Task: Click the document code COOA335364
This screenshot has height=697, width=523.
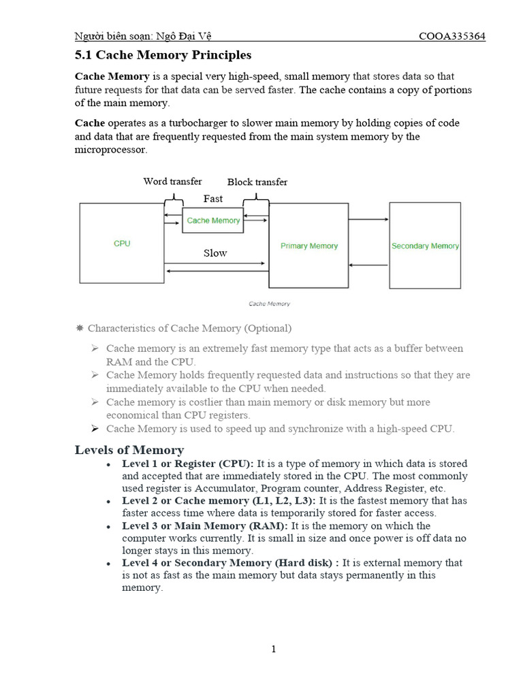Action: [451, 36]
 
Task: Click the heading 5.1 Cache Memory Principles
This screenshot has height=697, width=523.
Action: [163, 55]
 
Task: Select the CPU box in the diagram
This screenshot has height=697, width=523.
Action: [122, 243]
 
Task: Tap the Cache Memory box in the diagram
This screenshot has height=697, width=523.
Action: [213, 221]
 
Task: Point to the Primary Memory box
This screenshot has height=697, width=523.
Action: [309, 246]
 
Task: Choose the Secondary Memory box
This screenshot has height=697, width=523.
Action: [425, 246]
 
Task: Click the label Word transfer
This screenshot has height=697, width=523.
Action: [172, 182]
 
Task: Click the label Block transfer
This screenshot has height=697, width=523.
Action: [257, 182]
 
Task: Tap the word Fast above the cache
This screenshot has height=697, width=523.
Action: [213, 199]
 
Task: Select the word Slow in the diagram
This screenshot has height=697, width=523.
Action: [215, 253]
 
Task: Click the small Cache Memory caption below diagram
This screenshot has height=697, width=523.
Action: [269, 304]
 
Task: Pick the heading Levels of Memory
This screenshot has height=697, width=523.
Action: [129, 450]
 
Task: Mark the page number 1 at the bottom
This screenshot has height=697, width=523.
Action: [273, 649]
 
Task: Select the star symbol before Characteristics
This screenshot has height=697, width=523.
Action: [79, 328]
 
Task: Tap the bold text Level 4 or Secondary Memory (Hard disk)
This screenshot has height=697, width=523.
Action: [230, 563]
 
